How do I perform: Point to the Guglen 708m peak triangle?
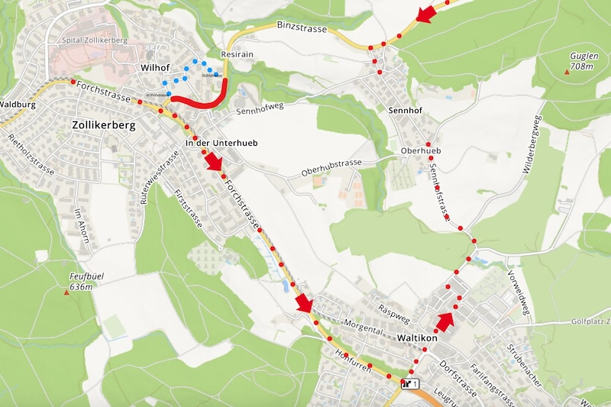(567, 72)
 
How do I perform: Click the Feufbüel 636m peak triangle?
(66, 292)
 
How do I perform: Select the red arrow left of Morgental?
(305, 303)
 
